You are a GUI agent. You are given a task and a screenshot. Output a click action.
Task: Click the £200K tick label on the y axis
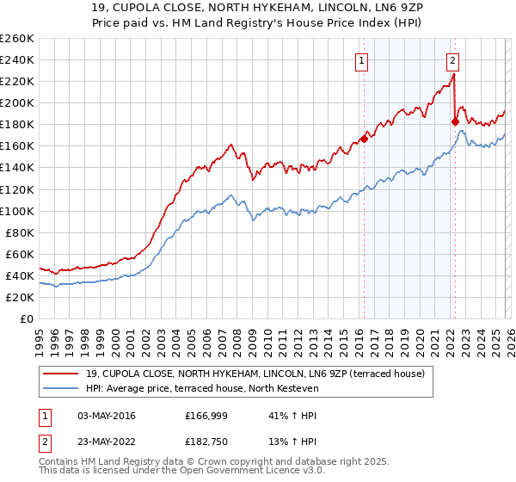point(16,102)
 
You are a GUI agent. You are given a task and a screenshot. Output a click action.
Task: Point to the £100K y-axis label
point(16,211)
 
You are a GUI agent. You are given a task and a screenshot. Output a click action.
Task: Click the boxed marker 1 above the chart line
point(362,60)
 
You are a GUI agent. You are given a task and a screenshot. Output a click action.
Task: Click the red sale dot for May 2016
point(364,138)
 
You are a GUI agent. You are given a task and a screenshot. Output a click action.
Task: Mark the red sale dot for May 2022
point(455,121)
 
